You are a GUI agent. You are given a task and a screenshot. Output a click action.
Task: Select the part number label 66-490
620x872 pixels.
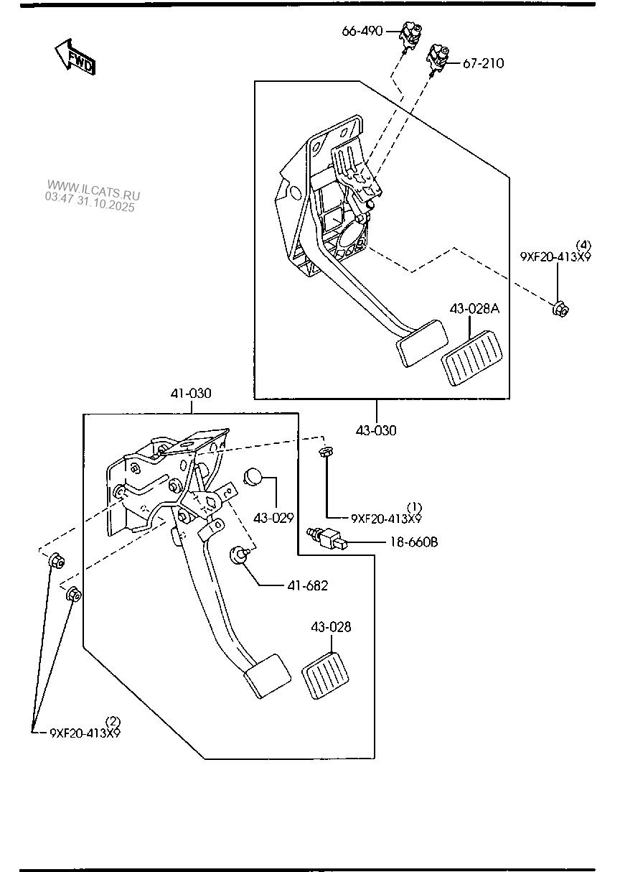pyautogui.click(x=362, y=32)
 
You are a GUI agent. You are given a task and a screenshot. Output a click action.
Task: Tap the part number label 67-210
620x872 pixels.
pyautogui.click(x=483, y=63)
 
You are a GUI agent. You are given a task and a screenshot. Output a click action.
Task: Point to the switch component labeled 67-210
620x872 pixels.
pyautogui.click(x=439, y=57)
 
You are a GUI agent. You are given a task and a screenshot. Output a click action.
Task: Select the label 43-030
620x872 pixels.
pyautogui.click(x=376, y=430)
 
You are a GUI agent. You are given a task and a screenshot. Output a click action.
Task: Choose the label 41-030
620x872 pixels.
pyautogui.click(x=191, y=394)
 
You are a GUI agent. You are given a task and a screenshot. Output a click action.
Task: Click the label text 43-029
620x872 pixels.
pyautogui.click(x=273, y=517)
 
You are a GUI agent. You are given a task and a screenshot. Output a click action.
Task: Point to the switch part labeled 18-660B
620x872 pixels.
pyautogui.click(x=327, y=538)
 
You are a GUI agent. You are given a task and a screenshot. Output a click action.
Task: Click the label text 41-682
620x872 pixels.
pyautogui.click(x=307, y=585)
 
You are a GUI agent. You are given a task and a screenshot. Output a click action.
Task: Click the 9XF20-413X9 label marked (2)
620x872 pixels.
pyautogui.click(x=85, y=733)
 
